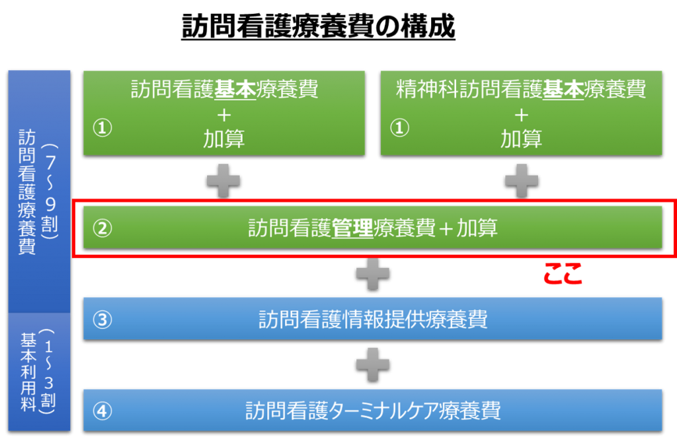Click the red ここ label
click(563, 273)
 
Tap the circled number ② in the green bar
click(102, 228)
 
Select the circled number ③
click(102, 320)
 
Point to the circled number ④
click(102, 411)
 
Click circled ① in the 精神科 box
click(399, 127)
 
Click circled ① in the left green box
click(102, 127)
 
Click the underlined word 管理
click(352, 228)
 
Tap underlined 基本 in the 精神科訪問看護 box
click(563, 89)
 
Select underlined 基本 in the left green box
click(235, 89)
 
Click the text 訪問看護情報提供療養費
click(373, 320)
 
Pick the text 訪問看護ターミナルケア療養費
click(373, 411)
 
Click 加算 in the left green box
click(223, 139)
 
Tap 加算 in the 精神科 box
click(521, 139)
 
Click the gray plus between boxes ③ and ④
click(373, 365)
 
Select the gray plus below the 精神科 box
click(522, 181)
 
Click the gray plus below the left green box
click(223, 181)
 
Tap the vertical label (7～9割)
click(50, 191)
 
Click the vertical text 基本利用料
click(28, 372)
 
